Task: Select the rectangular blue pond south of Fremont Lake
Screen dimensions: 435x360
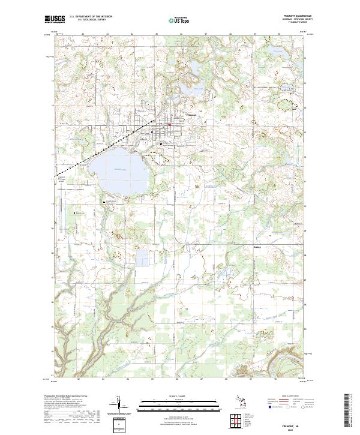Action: point(144,259)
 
